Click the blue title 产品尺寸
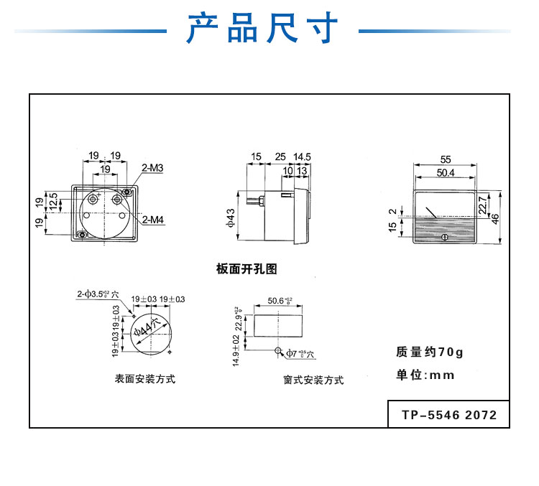coord(262,29)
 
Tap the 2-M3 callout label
coord(152,169)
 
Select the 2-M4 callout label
coord(152,220)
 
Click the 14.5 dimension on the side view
coord(302,156)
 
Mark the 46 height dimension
coord(494,218)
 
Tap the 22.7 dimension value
coord(482,206)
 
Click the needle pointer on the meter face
coord(432,212)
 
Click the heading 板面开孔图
coord(247,269)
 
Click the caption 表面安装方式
coord(145,378)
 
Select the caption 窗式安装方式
coord(313,380)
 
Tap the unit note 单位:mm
coord(425,375)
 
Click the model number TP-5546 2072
coord(448,414)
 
